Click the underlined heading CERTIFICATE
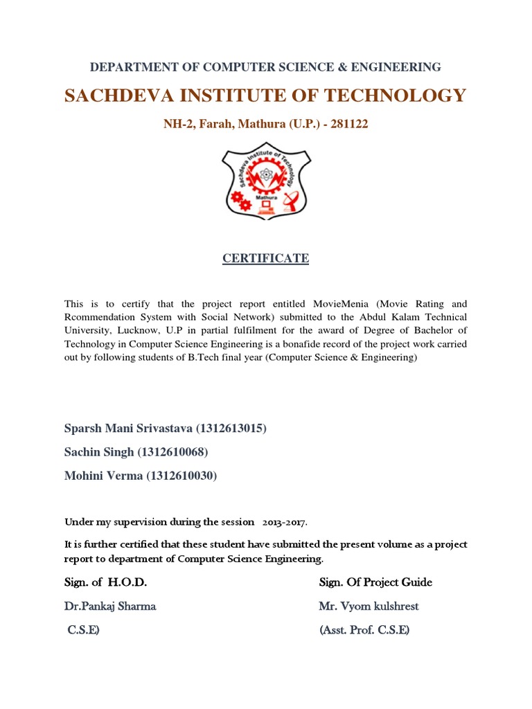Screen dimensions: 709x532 point(265,258)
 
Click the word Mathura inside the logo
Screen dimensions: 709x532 point(266,197)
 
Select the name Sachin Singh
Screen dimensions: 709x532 point(100,452)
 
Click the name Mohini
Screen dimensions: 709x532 point(85,476)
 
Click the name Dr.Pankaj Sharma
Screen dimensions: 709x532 point(110,607)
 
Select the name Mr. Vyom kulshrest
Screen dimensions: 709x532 point(369,607)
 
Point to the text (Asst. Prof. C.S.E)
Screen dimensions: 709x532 point(364,630)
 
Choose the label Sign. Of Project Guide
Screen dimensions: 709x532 point(375,582)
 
